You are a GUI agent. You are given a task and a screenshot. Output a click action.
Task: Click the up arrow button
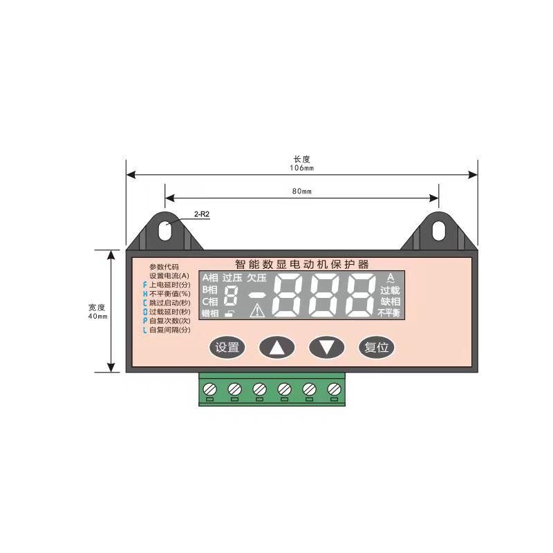[x=276, y=347]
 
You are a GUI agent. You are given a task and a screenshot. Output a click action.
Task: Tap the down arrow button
[x=326, y=347]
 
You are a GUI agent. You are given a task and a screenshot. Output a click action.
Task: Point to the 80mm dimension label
[x=301, y=190]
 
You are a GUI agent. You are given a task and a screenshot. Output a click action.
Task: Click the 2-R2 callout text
[x=201, y=215]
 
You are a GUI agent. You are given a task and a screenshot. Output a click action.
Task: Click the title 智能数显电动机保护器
[x=301, y=263]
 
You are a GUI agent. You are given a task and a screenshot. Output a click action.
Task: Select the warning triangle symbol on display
[x=257, y=311]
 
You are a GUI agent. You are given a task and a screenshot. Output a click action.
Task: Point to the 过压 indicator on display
[x=232, y=278]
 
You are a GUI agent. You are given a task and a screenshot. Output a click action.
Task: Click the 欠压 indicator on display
[x=256, y=278]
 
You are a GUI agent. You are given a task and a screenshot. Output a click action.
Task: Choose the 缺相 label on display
[x=390, y=301]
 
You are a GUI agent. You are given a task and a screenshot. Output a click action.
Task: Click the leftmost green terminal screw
[x=209, y=388]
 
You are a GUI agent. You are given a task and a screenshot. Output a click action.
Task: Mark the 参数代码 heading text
[x=164, y=267]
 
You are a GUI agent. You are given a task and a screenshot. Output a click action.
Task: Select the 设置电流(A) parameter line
[x=169, y=276]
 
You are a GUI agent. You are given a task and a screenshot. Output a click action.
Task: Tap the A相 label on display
[x=210, y=278]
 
